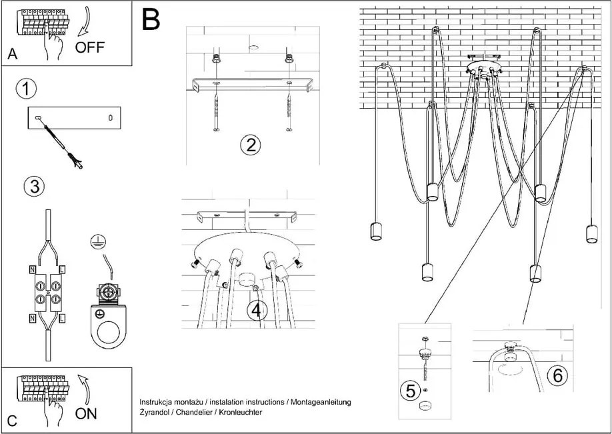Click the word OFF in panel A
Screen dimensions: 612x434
90,47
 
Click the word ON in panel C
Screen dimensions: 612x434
86,413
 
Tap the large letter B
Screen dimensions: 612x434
151,19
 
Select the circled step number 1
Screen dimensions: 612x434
26,89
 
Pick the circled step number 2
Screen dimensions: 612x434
250,145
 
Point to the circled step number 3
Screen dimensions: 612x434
35,187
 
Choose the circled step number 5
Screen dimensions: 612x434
411,391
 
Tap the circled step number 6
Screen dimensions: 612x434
558,375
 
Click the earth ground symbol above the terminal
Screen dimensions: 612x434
95,242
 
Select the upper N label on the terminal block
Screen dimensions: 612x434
33,269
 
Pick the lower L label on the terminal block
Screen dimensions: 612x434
62,319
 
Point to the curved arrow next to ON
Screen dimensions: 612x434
84,389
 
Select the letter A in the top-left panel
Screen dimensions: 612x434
13,54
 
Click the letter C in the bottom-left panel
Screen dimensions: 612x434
13,421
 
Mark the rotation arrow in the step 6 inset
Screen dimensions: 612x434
511,369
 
